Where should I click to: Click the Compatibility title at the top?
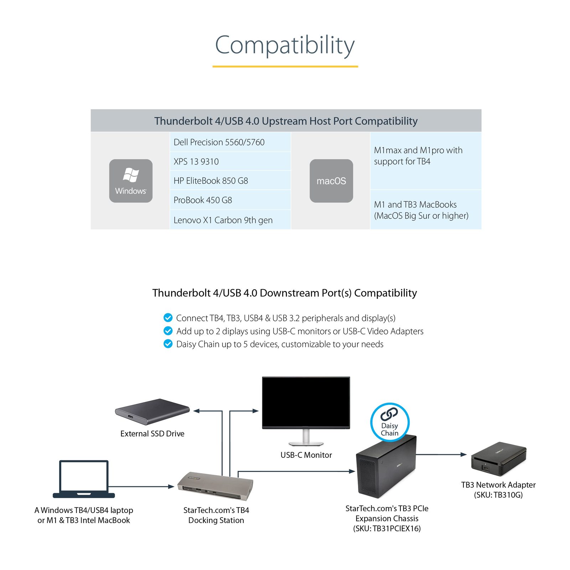(x=285, y=45)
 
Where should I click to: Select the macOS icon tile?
(x=331, y=181)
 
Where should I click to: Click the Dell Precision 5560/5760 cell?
(x=230, y=142)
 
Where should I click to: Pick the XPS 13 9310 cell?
(x=230, y=161)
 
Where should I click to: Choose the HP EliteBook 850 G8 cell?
(x=230, y=181)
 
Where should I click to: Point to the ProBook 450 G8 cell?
(x=230, y=200)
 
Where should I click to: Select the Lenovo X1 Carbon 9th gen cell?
(x=230, y=220)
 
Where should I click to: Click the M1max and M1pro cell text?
(x=418, y=156)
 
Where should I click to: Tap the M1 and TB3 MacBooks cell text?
(x=421, y=210)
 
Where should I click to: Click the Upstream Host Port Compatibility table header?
(x=286, y=121)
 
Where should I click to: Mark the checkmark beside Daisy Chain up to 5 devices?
(x=168, y=344)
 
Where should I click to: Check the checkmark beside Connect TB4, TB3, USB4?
(x=168, y=317)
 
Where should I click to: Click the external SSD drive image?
(x=152, y=412)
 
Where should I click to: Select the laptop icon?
(x=84, y=479)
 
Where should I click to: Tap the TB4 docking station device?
(x=216, y=487)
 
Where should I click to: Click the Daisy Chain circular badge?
(x=390, y=423)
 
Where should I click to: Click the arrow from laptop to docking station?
(x=141, y=486)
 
